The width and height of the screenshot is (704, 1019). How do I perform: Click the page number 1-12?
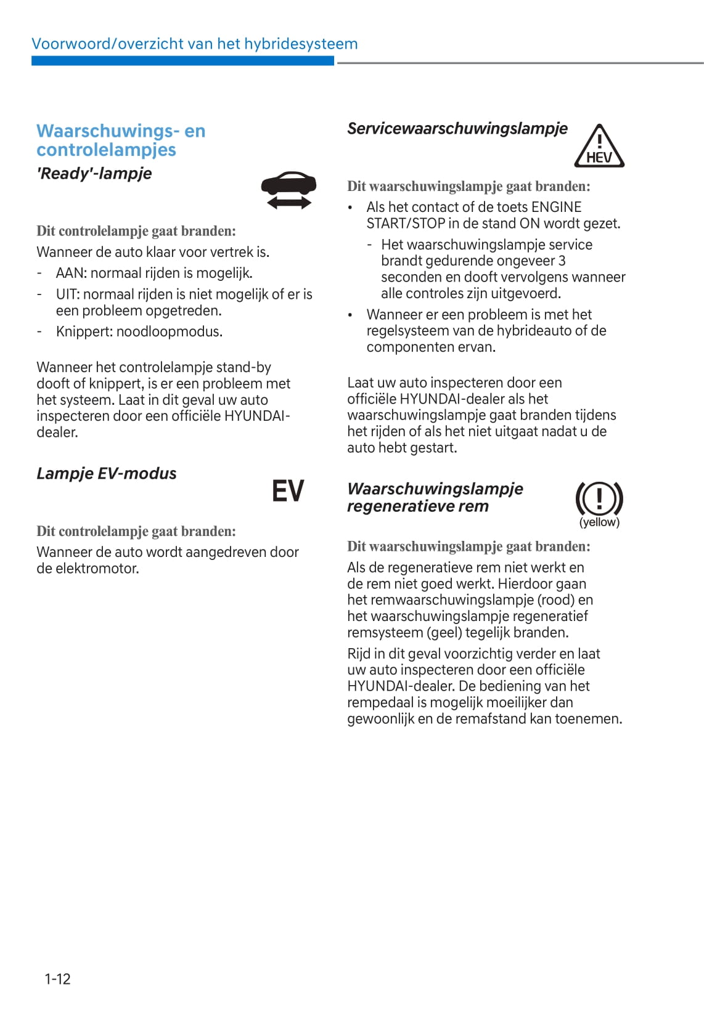[x=57, y=979]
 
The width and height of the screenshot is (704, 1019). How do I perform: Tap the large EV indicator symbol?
[x=288, y=491]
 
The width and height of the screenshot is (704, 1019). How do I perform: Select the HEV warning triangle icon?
[x=599, y=147]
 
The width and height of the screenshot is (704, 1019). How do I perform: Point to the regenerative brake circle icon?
[x=599, y=498]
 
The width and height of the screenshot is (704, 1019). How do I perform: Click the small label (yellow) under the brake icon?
[x=599, y=522]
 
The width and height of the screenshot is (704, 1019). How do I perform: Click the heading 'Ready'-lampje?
[x=94, y=174]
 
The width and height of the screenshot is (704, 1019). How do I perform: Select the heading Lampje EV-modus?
[x=106, y=474]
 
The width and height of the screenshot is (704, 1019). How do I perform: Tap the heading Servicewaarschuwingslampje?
[x=457, y=129]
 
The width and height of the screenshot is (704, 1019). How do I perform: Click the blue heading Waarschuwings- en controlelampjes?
[x=121, y=140]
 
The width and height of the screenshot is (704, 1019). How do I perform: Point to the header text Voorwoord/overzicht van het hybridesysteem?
[x=194, y=44]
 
